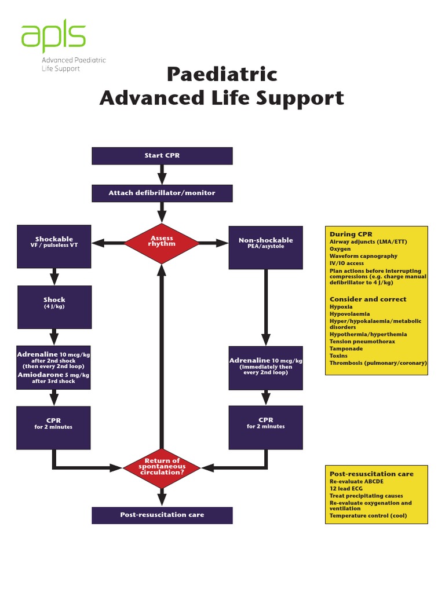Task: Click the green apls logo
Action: pyautogui.click(x=53, y=36)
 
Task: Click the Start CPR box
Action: pyautogui.click(x=162, y=156)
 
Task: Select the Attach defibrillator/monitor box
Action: pyautogui.click(x=162, y=193)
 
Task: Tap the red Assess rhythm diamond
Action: pyautogui.click(x=162, y=243)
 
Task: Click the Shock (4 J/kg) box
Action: pyautogui.click(x=54, y=306)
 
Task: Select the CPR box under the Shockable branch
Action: pyautogui.click(x=53, y=427)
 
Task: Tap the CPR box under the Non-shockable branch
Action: pyautogui.click(x=265, y=427)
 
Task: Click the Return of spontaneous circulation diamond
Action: pyautogui.click(x=162, y=466)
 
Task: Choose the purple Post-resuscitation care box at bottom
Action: pyautogui.click(x=162, y=515)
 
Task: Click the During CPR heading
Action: pyautogui.click(x=351, y=234)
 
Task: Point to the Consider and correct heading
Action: pyautogui.click(x=367, y=299)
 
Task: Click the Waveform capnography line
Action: pyautogui.click(x=363, y=256)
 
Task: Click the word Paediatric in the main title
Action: pyautogui.click(x=222, y=75)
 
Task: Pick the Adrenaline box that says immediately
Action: pyautogui.click(x=265, y=367)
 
